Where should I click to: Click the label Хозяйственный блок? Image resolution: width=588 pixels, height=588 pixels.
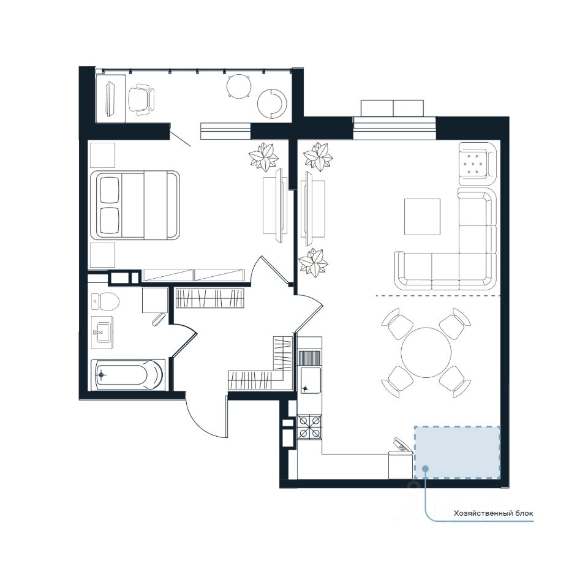click(493, 513)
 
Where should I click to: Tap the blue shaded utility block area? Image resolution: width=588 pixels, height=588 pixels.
click(457, 452)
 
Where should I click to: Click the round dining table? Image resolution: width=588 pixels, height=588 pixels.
click(426, 353)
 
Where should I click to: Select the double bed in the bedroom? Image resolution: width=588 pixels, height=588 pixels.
click(135, 205)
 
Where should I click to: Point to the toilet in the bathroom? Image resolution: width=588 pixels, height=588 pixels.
click(105, 301)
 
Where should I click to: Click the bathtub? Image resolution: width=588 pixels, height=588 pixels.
click(127, 375)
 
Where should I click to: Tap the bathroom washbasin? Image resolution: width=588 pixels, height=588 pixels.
click(102, 332)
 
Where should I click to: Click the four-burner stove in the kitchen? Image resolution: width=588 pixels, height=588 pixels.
click(309, 427)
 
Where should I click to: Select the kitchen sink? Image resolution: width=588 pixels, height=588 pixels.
click(311, 380)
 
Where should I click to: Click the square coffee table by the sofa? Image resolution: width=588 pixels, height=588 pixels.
click(422, 217)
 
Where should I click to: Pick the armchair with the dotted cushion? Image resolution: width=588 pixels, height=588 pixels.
click(477, 163)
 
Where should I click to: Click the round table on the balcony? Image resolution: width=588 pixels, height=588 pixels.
click(239, 86)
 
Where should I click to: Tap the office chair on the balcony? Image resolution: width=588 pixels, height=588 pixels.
click(141, 99)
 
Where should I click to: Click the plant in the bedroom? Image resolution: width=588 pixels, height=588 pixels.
click(263, 156)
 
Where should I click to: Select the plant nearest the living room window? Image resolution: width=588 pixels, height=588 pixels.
click(318, 156)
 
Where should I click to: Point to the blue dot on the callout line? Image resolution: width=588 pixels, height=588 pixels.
click(425, 468)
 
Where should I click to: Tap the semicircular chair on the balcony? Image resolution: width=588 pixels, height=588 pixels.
click(272, 104)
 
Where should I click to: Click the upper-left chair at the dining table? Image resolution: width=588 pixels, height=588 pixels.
click(398, 323)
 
